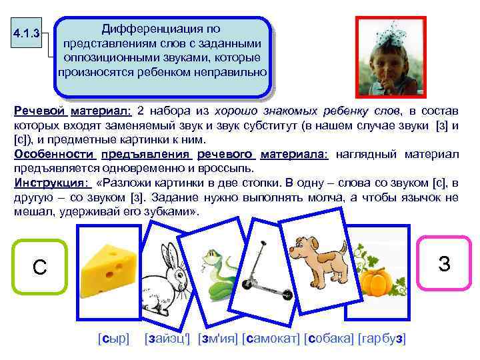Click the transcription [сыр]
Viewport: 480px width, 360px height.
[113, 339]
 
